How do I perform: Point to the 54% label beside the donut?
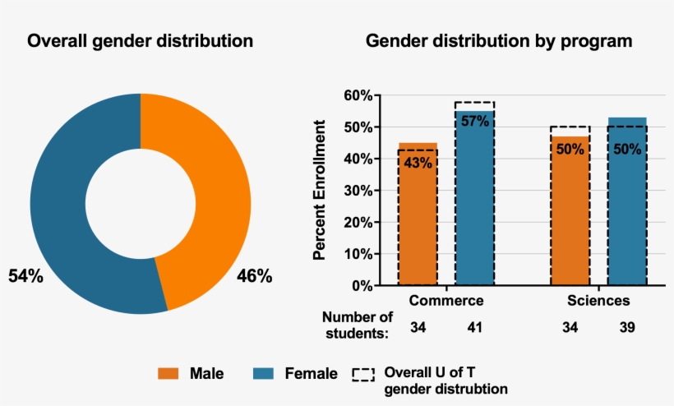tap(25, 276)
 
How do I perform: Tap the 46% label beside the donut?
tap(254, 276)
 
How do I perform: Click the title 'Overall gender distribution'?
tap(141, 41)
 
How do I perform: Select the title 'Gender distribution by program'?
tap(499, 41)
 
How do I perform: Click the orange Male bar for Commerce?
tap(418, 222)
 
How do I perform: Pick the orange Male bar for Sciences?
tap(570, 222)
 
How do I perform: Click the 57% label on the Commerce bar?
tap(474, 121)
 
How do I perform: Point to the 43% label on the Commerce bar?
tap(418, 163)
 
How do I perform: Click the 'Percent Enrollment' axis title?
tap(320, 190)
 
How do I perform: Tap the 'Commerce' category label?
tap(445, 301)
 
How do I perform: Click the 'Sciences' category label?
tap(598, 301)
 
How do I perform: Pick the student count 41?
tap(474, 328)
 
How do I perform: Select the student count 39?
tap(627, 328)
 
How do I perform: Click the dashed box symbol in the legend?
tap(362, 375)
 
